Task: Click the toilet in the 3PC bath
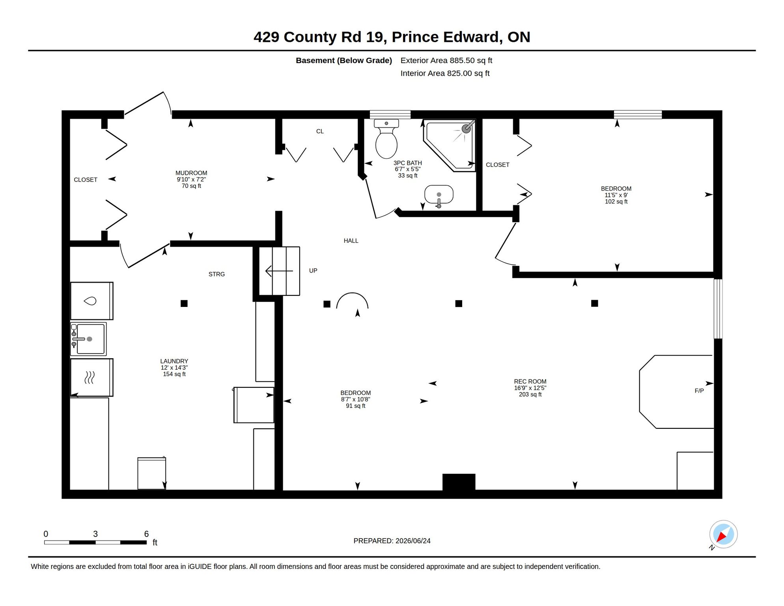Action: click(386, 138)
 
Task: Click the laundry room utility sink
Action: click(88, 339)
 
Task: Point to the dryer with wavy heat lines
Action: click(91, 377)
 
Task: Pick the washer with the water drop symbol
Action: click(91, 301)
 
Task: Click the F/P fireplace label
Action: click(699, 391)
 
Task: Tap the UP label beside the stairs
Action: click(313, 271)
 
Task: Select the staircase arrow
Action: click(279, 271)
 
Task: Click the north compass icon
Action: click(723, 535)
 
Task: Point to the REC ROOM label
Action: click(530, 382)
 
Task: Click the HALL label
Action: click(351, 241)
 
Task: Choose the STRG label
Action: click(217, 274)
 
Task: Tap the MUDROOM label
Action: click(191, 173)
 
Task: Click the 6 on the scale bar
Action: click(146, 534)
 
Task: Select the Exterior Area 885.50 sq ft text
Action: click(446, 60)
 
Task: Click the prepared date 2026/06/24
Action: click(413, 541)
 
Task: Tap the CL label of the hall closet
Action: click(320, 131)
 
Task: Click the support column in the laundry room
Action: click(184, 303)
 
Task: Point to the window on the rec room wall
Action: click(718, 309)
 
